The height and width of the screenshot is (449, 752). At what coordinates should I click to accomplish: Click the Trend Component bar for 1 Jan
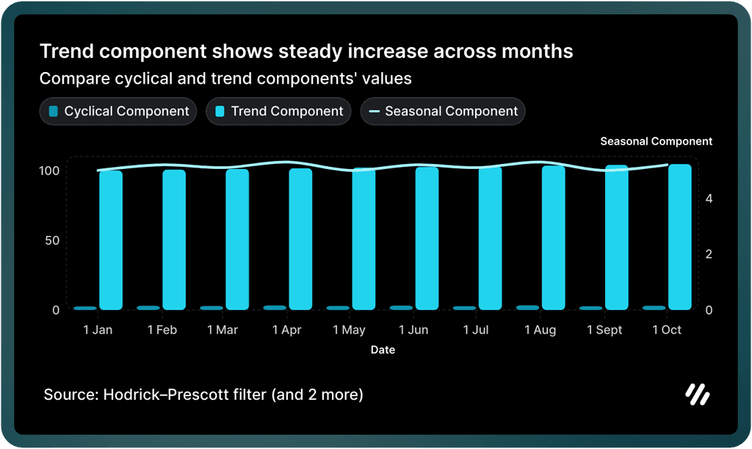[111, 240]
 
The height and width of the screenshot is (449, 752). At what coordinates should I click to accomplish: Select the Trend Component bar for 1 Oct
[680, 237]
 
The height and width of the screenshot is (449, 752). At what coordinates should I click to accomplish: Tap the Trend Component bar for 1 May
[364, 239]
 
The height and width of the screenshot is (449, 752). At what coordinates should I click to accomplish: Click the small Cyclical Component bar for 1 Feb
[148, 307]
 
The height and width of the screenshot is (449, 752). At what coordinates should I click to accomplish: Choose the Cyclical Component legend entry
[118, 112]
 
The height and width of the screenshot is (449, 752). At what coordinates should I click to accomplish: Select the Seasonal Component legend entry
[443, 112]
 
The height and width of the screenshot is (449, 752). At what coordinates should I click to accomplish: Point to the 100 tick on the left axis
[50, 170]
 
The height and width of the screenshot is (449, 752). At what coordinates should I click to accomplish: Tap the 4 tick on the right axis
[709, 198]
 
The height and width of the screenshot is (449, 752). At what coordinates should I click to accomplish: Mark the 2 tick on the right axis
[709, 254]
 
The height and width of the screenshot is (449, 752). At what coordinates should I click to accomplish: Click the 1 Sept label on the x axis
[604, 331]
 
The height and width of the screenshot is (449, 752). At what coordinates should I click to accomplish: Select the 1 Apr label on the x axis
[286, 331]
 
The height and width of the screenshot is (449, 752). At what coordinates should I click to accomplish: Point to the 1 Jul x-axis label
[476, 331]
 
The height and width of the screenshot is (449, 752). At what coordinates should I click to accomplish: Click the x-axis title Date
[383, 351]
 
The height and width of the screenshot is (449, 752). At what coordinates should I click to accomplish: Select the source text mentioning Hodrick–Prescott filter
[203, 395]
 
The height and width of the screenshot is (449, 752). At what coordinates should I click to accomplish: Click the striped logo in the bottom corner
[697, 395]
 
